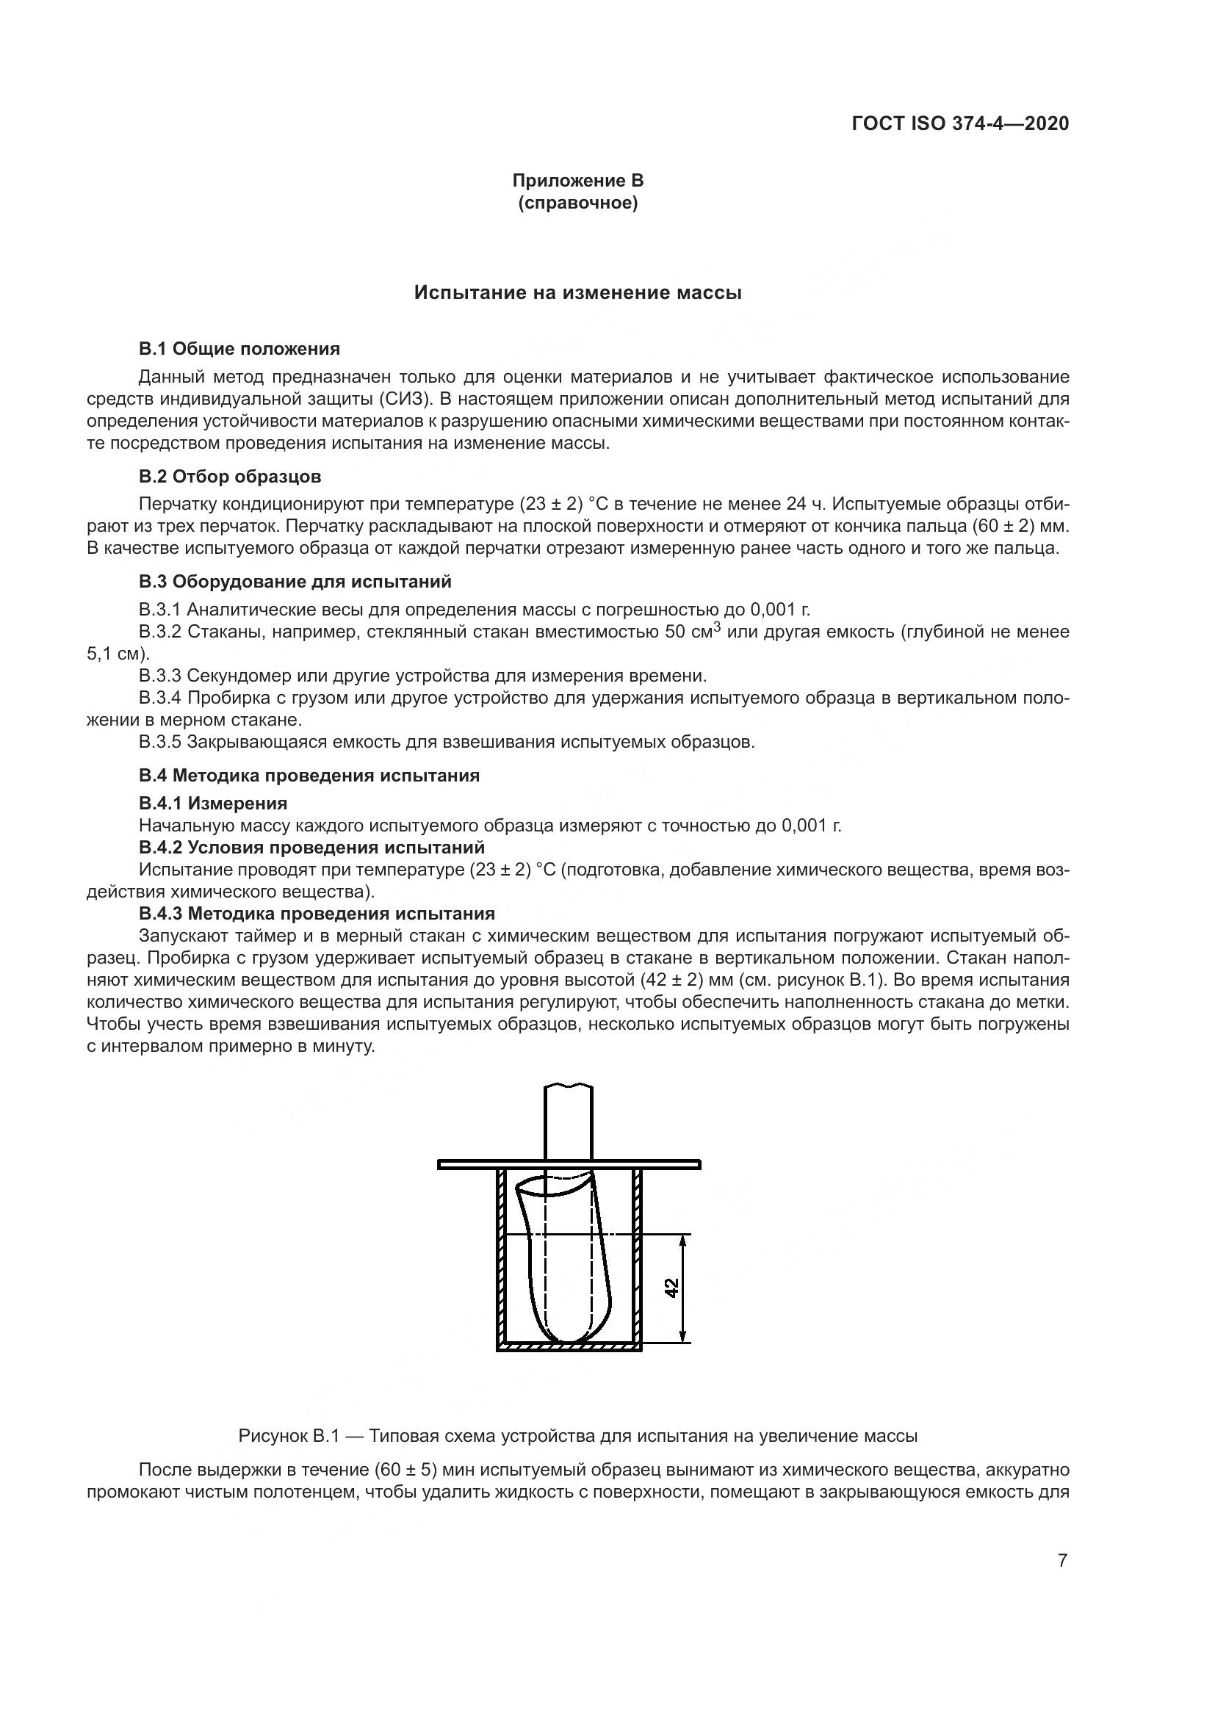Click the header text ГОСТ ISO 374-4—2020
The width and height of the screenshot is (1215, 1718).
tap(960, 123)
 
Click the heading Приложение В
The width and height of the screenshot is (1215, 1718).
tap(577, 181)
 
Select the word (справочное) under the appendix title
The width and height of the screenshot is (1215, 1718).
tap(577, 203)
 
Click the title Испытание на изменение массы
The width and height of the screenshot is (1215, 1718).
tap(577, 292)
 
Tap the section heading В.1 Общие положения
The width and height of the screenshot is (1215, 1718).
tap(239, 349)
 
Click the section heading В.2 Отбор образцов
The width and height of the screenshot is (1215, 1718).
tap(230, 476)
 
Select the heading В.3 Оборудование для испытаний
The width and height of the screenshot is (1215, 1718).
tap(295, 582)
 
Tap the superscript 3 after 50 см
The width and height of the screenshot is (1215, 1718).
tap(717, 627)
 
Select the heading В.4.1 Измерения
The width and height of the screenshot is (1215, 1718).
tap(212, 803)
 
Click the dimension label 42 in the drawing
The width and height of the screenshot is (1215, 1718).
tap(671, 1288)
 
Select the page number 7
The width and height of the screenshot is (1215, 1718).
tap(1062, 1560)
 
